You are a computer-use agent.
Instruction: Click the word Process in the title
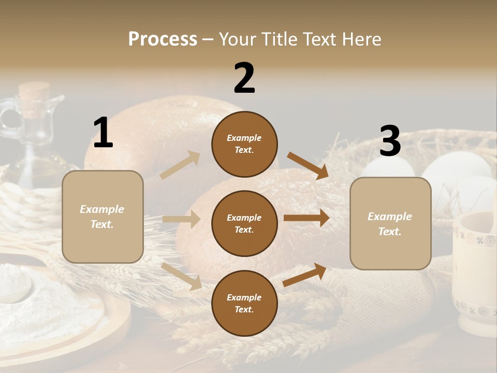tap(163, 39)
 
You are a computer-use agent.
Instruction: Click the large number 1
tap(103, 133)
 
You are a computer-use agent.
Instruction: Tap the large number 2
tap(244, 78)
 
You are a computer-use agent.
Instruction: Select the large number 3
tap(390, 141)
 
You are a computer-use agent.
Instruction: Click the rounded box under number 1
tap(103, 217)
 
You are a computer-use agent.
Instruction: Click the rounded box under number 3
tap(390, 224)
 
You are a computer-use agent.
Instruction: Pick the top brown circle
tap(244, 144)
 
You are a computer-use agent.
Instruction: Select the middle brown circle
tap(244, 223)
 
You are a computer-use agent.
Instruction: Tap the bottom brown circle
tap(244, 303)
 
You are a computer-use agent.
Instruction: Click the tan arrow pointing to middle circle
tap(181, 219)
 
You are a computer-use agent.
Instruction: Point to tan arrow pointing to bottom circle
tap(182, 276)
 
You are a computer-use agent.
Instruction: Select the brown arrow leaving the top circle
tap(308, 165)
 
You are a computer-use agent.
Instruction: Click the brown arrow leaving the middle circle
tap(306, 218)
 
